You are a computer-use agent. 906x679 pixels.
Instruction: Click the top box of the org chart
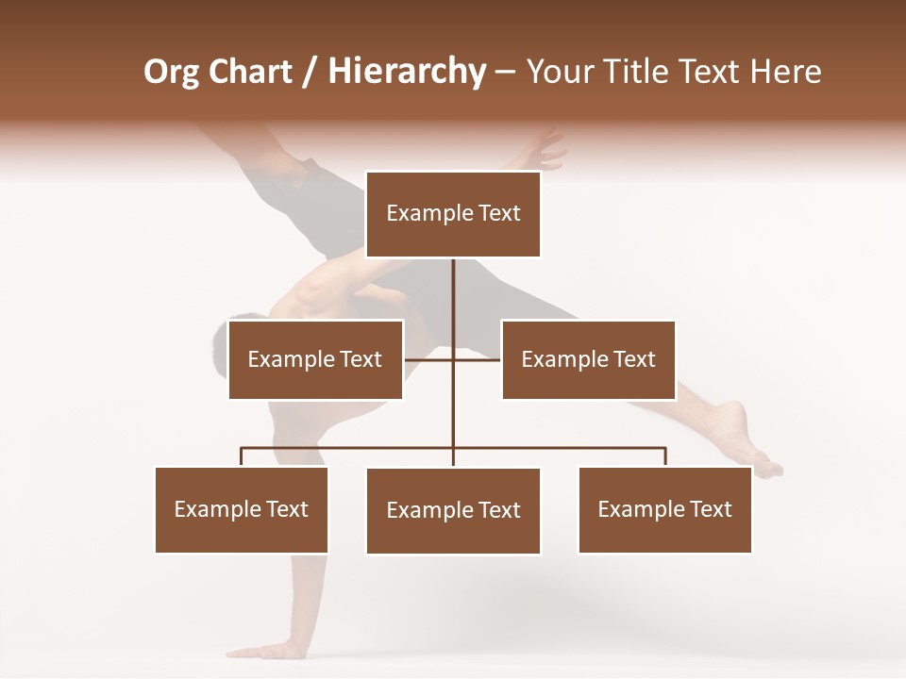(x=453, y=214)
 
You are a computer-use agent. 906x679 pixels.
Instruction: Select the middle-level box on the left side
(x=315, y=359)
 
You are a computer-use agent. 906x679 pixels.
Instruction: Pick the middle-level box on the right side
(x=588, y=359)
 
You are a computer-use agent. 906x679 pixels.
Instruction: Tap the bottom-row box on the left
(x=242, y=509)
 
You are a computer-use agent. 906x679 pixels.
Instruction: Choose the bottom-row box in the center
(x=453, y=510)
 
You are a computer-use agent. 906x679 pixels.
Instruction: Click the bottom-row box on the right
(x=664, y=509)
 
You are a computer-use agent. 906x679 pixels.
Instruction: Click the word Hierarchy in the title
(x=407, y=72)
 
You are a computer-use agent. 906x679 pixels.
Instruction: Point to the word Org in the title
(x=173, y=72)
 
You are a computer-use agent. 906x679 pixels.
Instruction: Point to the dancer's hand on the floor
(x=274, y=650)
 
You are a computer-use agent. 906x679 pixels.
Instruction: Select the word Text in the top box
(x=498, y=214)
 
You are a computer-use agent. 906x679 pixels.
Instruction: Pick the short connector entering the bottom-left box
(x=242, y=457)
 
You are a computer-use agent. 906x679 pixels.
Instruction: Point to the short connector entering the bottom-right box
(x=665, y=457)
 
